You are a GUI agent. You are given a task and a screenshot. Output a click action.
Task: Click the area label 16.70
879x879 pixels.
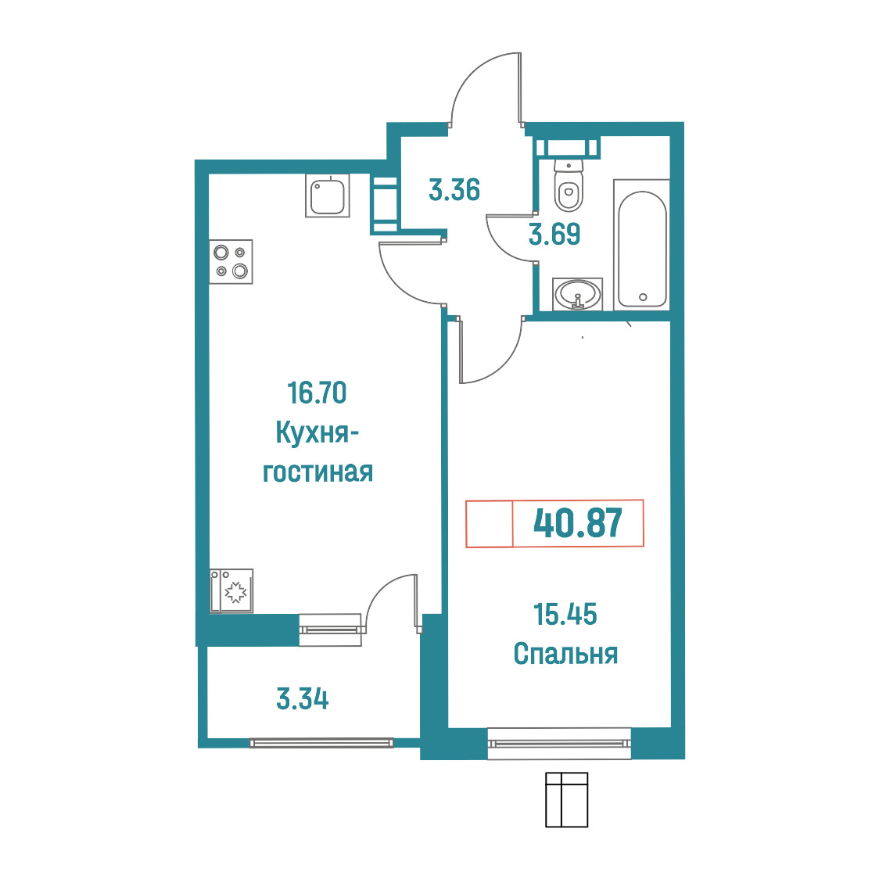pos(317,393)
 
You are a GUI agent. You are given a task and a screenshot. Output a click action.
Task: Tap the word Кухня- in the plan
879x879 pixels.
pos(317,433)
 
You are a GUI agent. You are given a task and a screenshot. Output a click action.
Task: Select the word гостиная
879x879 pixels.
pos(318,472)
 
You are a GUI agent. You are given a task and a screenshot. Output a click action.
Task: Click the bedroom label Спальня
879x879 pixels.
pos(565,654)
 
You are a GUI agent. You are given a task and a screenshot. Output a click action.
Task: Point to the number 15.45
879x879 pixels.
pos(565,615)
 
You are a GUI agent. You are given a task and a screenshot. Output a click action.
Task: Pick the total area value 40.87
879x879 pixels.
pos(577,523)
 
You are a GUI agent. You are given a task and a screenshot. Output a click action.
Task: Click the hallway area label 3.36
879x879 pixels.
pos(454,189)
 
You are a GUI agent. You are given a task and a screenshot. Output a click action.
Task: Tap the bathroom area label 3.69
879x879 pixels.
pos(554,234)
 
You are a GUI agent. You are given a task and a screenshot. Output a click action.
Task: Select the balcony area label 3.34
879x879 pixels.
pos(302,699)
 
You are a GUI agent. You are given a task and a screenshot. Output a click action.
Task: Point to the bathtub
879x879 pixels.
pos(642,245)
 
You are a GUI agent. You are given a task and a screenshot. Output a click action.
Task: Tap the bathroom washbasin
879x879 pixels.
pos(577,294)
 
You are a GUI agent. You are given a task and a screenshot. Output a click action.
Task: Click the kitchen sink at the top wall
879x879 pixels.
pos(328,195)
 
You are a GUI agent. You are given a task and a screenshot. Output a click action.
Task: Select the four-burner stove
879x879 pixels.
pos(231,262)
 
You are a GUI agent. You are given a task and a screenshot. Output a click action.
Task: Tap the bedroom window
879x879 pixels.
pos(559,744)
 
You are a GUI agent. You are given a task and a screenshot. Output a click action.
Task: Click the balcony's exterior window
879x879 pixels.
pos(321,743)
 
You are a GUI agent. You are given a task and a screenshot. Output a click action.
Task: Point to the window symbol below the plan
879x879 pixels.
pos(567,799)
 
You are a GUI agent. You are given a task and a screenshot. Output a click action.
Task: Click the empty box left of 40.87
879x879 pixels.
pos(490,523)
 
